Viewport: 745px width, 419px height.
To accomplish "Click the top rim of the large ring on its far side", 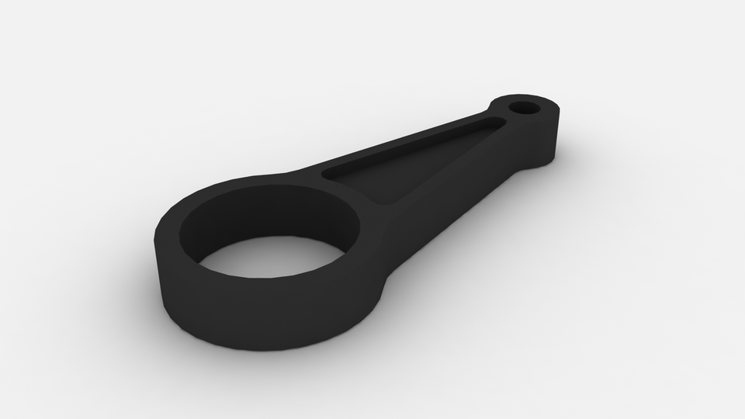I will pyautogui.click(x=256, y=183).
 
